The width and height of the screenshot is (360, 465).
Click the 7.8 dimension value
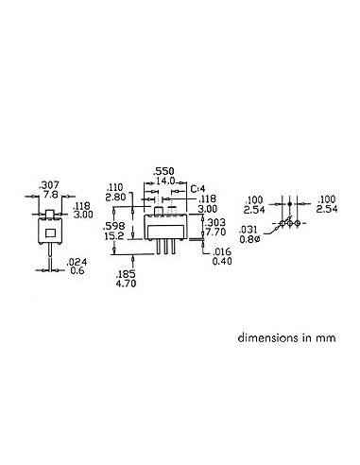click(x=47, y=193)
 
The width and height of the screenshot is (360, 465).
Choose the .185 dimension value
click(x=126, y=271)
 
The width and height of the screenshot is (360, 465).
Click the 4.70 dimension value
click(x=126, y=281)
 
